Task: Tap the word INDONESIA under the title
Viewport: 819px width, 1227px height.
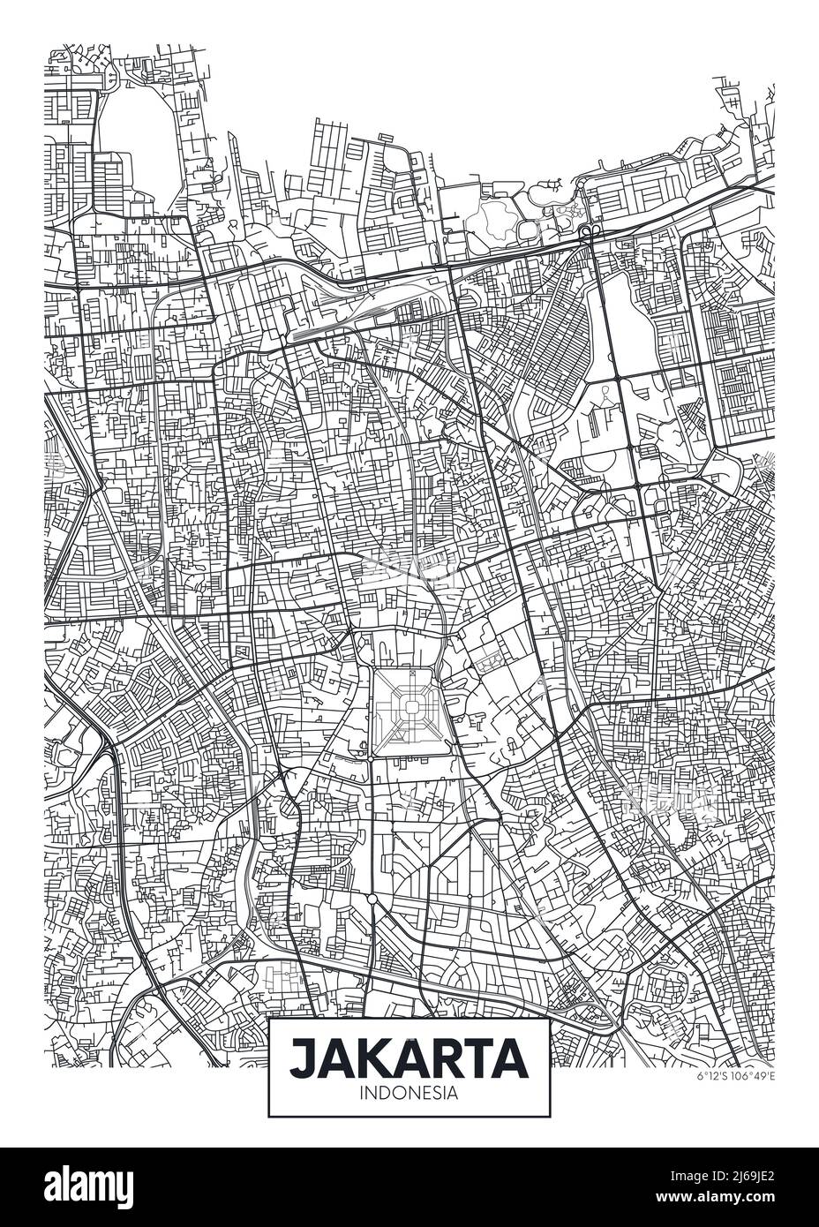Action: click(x=409, y=1092)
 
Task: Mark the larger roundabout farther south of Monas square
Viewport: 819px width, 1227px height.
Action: click(x=372, y=899)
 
